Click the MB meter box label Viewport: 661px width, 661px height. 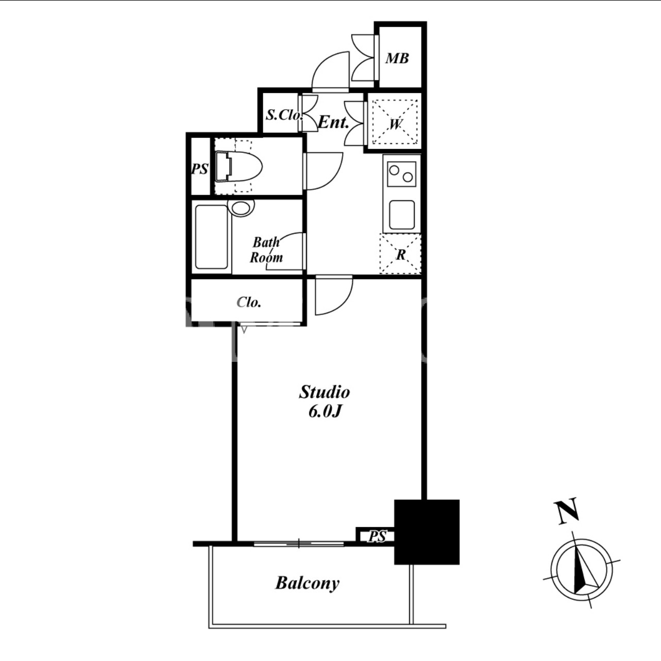point(397,59)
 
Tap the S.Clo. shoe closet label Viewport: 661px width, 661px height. point(284,115)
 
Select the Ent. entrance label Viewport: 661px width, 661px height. point(333,122)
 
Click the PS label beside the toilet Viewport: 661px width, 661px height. point(200,169)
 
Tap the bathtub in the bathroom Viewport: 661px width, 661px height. point(212,237)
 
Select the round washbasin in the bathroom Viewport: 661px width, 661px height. point(243,207)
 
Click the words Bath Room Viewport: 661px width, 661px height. point(266,250)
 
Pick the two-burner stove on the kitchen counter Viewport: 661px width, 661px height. point(401,173)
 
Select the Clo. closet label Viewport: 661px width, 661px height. point(249,302)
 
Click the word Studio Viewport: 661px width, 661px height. point(325,392)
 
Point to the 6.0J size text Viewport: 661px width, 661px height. point(325,412)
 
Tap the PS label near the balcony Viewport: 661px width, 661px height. point(377,536)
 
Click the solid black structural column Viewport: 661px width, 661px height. point(427,532)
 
